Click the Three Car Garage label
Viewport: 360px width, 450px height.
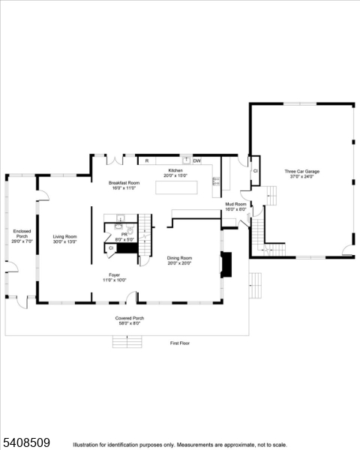pos(301,172)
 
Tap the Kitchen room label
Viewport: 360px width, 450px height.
pos(175,171)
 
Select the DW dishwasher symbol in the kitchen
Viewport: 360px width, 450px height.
pos(196,160)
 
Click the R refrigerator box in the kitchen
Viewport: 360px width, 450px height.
pos(147,160)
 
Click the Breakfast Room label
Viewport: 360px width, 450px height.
pos(124,183)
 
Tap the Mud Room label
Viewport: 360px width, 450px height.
pos(235,204)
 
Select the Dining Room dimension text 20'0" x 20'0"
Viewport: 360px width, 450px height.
pos(179,263)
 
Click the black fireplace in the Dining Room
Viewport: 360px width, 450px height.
pos(226,264)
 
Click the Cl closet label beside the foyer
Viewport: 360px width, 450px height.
pos(111,247)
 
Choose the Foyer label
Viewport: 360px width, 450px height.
pos(114,274)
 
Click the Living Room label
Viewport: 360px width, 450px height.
pos(64,237)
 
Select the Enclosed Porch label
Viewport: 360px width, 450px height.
pos(20,234)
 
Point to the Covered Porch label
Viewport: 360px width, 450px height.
pos(129,318)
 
